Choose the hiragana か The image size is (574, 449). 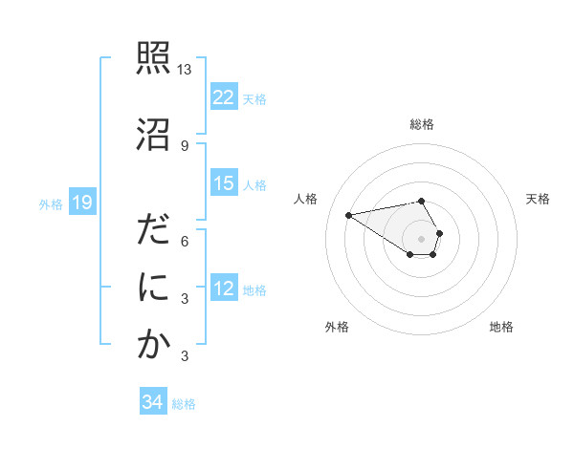[154, 345]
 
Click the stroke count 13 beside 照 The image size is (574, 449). [185, 70]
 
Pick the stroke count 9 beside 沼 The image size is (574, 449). [185, 145]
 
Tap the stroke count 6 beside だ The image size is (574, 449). [185, 241]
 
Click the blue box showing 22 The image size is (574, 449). [224, 97]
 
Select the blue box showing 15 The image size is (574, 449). [224, 183]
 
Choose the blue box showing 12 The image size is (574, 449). [224, 289]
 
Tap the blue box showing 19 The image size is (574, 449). [81, 203]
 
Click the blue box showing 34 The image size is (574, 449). [153, 403]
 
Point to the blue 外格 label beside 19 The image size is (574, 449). [51, 203]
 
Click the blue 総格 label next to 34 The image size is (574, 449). [184, 404]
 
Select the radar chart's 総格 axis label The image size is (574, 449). [422, 124]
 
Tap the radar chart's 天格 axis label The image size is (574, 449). [538, 199]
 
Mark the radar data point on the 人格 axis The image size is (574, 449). [349, 214]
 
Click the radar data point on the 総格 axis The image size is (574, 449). [422, 201]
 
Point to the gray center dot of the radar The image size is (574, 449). [422, 238]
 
